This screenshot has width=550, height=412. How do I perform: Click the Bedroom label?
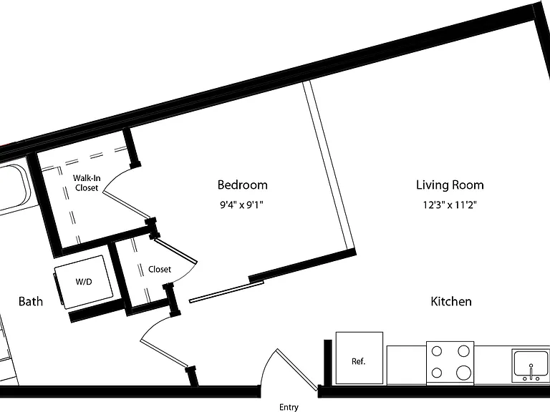tap(242, 185)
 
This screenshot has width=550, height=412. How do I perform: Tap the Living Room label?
tap(450, 185)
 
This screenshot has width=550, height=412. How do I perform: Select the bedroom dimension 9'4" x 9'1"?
tap(241, 205)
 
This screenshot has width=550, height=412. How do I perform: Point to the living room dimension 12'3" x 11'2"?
tap(450, 205)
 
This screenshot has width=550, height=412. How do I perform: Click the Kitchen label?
tap(451, 301)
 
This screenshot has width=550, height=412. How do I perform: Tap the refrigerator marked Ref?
tap(360, 358)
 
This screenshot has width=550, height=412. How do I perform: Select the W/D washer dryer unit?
tap(84, 282)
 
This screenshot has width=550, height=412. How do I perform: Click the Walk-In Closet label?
tap(87, 183)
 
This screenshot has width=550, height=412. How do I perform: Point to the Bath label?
tap(31, 301)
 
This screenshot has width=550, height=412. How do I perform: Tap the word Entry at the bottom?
tap(289, 407)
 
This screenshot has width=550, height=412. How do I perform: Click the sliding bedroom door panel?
tap(226, 292)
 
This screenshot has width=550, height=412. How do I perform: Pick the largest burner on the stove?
tap(464, 373)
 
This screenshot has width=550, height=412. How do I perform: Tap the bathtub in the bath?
tap(14, 187)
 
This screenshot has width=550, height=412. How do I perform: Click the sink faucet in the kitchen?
tap(531, 372)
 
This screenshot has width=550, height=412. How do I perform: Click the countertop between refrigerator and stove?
tap(407, 365)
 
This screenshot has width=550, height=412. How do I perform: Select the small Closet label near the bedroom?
tap(160, 269)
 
